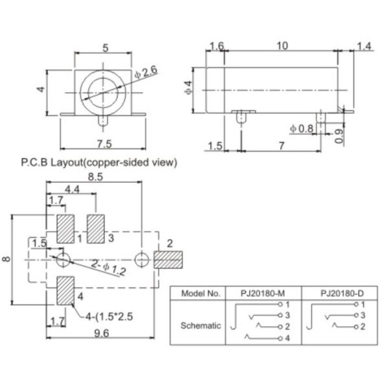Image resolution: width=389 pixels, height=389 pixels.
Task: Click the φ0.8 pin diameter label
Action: [x=301, y=129]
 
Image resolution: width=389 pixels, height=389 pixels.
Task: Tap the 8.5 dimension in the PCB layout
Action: [x=94, y=175]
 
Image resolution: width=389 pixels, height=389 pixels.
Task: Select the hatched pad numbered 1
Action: [x=65, y=228]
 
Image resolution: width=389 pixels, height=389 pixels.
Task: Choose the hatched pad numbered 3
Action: [x=97, y=228]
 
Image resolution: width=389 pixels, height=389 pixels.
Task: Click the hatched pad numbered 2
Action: [x=167, y=260]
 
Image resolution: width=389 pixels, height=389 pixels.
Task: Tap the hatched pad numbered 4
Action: [x=65, y=290]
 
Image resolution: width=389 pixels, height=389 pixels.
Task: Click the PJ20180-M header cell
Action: [x=257, y=292]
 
